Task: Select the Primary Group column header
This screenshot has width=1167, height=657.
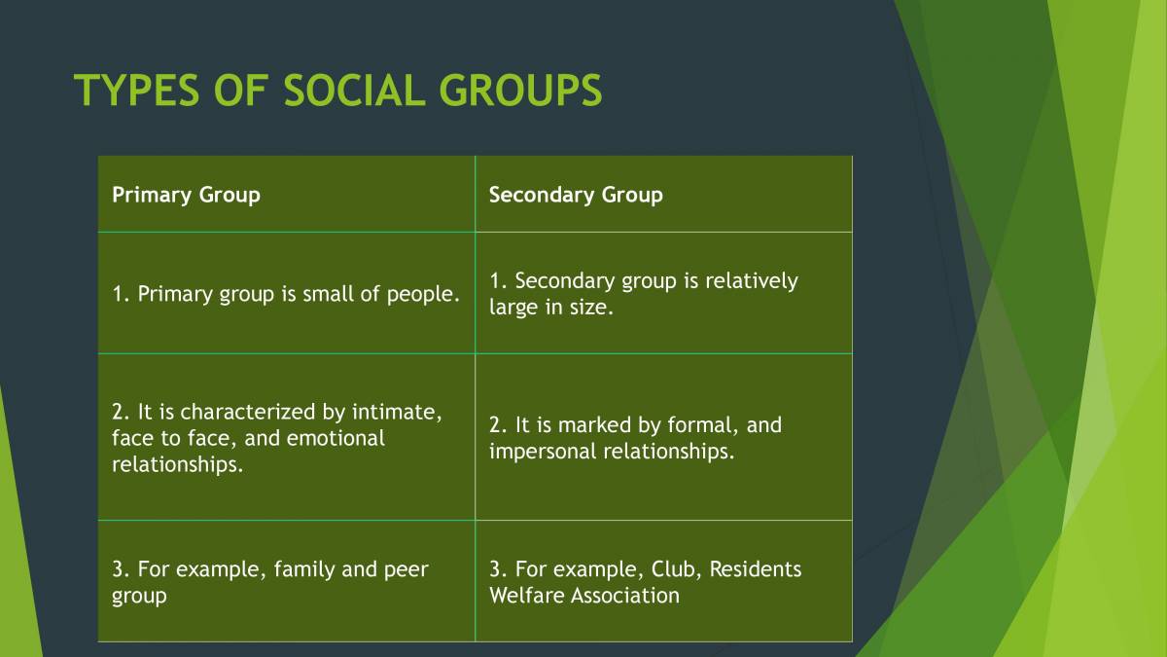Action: coord(186,195)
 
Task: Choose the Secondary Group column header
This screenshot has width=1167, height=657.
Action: coord(576,195)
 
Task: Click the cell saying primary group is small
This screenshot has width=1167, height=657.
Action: coord(286,293)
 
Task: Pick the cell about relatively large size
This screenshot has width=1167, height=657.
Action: coord(643,294)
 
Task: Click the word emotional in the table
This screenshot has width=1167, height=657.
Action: coord(337,438)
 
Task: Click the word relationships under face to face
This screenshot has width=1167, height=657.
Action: coord(177,464)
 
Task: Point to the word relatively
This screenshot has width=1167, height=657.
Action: coord(750,281)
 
